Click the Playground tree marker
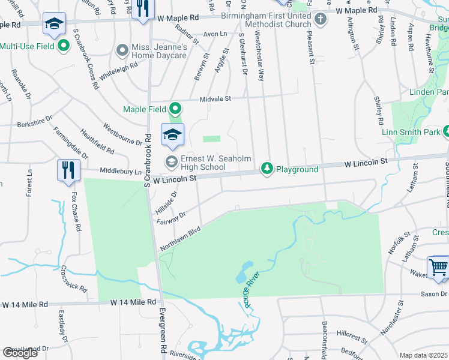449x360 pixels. (x=267, y=169)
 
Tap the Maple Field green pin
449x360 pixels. (x=175, y=109)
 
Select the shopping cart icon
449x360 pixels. (x=438, y=268)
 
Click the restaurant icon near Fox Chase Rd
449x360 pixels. (x=68, y=170)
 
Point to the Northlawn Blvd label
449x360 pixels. (x=179, y=238)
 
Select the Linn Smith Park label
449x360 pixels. (x=411, y=131)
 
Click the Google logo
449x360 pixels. (x=20, y=353)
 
